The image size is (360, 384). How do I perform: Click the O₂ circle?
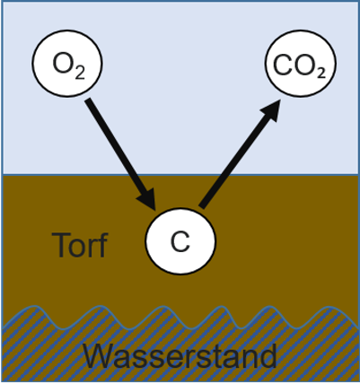(66, 65)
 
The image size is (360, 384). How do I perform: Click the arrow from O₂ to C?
(117, 148)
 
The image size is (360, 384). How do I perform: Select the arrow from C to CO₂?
(238, 153)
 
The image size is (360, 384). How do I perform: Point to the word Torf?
(80, 245)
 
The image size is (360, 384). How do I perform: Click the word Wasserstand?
(180, 356)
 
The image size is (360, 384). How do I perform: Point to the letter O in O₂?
(61, 65)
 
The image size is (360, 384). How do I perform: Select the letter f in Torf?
(101, 244)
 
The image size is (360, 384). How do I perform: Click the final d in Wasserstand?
(267, 356)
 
